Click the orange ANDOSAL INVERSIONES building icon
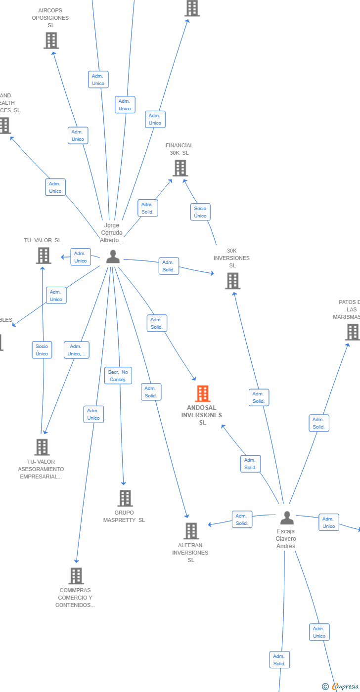pyautogui.click(x=202, y=394)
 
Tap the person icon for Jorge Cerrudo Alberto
pyautogui.click(x=113, y=257)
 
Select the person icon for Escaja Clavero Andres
pyautogui.click(x=287, y=518)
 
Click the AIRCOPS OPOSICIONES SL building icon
pyautogui.click(x=51, y=41)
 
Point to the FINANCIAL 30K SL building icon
pyautogui.click(x=180, y=168)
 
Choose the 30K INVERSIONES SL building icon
pyautogui.click(x=232, y=281)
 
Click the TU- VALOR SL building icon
pyautogui.click(x=44, y=256)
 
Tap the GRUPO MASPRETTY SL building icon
pyautogui.click(x=125, y=498)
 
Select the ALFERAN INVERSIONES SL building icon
pyautogui.click(x=191, y=531)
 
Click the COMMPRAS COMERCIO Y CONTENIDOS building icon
pyautogui.click(x=76, y=576)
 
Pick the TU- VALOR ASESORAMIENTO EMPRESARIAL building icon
pyautogui.click(x=42, y=447)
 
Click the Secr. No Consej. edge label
pyautogui.click(x=118, y=376)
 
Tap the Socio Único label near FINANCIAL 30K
pyautogui.click(x=200, y=212)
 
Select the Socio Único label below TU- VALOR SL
pyautogui.click(x=42, y=350)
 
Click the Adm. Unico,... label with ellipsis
pyautogui.click(x=77, y=350)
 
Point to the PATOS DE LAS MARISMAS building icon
pyautogui.click(x=353, y=332)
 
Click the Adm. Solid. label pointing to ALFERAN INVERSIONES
pyautogui.click(x=151, y=392)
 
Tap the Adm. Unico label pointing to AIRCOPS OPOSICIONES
pyautogui.click(x=78, y=135)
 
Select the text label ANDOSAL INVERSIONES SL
pyautogui.click(x=202, y=415)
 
